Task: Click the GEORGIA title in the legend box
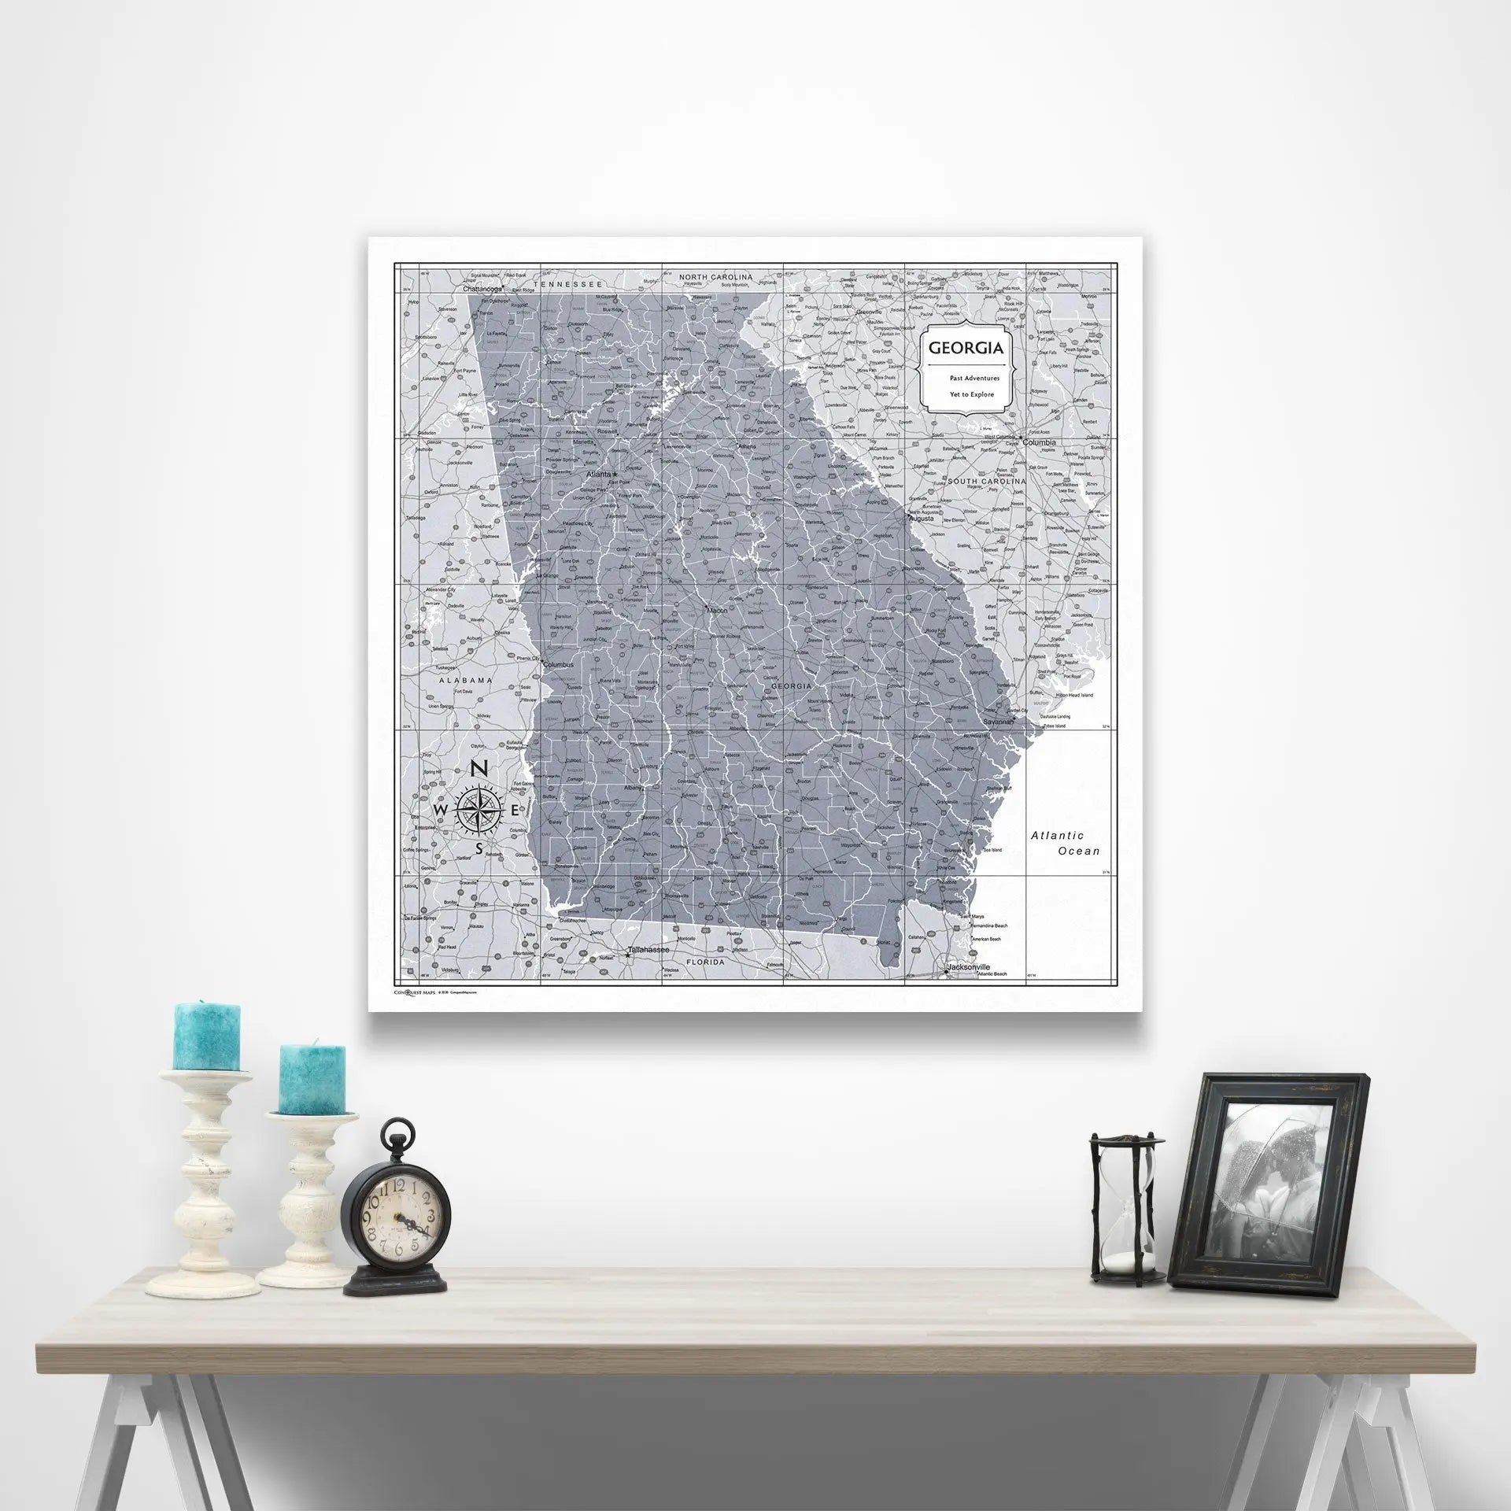[x=966, y=348]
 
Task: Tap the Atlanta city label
[x=599, y=475]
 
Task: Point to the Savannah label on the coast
[x=997, y=721]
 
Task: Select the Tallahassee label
[x=652, y=951]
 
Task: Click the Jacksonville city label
[x=969, y=966]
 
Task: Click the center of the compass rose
[x=479, y=810]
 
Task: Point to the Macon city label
[x=716, y=610]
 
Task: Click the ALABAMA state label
[x=466, y=679]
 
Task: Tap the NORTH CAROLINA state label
[x=716, y=277]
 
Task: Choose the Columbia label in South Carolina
[x=1039, y=443]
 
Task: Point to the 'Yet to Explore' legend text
[x=966, y=394]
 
